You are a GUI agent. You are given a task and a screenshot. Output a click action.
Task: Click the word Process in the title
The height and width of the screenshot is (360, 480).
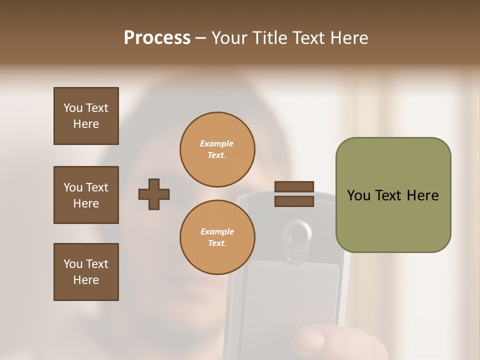(157, 38)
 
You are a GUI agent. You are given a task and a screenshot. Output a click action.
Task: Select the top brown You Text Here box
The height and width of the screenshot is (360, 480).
(86, 116)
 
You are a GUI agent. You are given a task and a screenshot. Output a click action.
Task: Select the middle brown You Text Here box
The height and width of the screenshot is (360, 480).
(86, 195)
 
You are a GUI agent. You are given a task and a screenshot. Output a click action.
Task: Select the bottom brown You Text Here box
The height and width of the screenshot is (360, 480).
(86, 272)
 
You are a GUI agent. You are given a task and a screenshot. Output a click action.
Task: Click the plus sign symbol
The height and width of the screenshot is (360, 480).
(154, 194)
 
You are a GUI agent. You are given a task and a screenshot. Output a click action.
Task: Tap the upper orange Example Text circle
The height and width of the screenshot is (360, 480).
(217, 149)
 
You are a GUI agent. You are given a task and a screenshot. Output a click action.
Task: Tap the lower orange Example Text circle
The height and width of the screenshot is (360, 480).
(217, 237)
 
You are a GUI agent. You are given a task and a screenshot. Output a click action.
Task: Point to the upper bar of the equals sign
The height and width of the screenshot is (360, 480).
(294, 186)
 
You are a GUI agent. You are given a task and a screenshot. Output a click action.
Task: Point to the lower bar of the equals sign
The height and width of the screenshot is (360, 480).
(294, 201)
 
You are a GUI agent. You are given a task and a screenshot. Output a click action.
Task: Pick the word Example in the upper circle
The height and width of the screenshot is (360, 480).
(217, 143)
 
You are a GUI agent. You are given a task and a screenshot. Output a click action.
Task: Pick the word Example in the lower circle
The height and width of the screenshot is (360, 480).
(217, 231)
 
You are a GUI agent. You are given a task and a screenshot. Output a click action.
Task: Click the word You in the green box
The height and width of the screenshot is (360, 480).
(358, 195)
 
